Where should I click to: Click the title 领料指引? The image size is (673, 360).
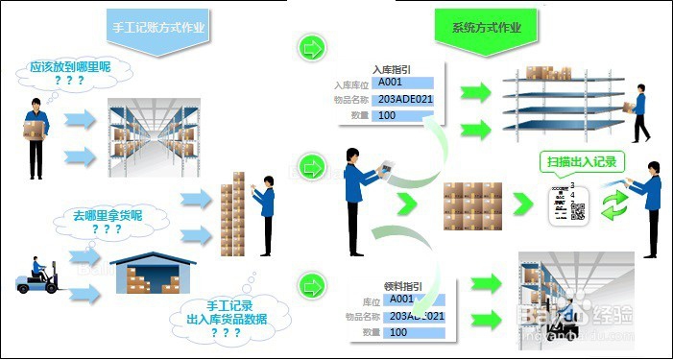tap(402, 285)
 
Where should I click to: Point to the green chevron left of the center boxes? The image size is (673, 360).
tap(407, 204)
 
